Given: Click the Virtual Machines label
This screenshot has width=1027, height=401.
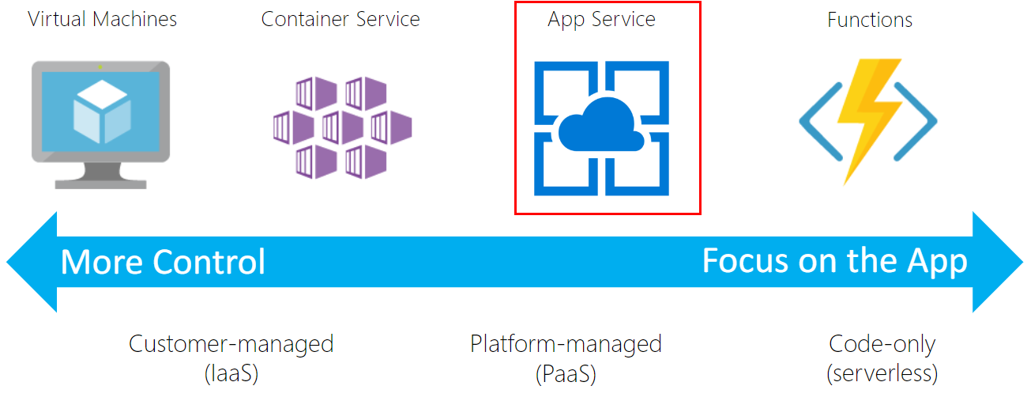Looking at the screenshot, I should tap(102, 19).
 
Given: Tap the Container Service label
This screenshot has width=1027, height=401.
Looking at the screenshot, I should tap(340, 19).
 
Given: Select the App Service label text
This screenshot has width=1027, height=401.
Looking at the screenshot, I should tap(601, 20).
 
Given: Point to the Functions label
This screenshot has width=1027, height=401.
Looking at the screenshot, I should tap(870, 20).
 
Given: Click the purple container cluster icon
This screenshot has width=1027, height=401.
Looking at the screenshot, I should tap(341, 127).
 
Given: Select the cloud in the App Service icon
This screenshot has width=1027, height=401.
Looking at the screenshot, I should tap(601, 127).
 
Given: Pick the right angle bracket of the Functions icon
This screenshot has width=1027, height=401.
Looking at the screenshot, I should tap(920, 123).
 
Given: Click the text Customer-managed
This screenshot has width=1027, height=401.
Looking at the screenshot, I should tap(231, 344).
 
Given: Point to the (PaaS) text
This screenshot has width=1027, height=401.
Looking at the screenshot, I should tap(566, 372).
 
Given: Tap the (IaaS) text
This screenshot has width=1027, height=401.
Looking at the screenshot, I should tap(231, 372).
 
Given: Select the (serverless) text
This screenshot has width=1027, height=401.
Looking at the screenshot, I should tap(882, 372).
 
